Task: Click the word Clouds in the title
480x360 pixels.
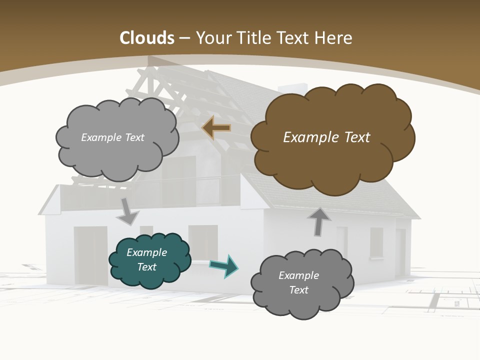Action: pyautogui.click(x=147, y=38)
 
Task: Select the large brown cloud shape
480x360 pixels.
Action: pyautogui.click(x=330, y=160)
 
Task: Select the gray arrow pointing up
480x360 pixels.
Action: pyautogui.click(x=319, y=221)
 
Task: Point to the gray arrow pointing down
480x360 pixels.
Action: pyautogui.click(x=127, y=212)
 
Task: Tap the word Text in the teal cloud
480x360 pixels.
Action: pyautogui.click(x=147, y=267)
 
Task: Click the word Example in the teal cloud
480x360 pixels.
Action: pyautogui.click(x=147, y=252)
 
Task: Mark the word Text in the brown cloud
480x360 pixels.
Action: pyautogui.click(x=356, y=137)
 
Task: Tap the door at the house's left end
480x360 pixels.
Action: pyautogui.click(x=90, y=255)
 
